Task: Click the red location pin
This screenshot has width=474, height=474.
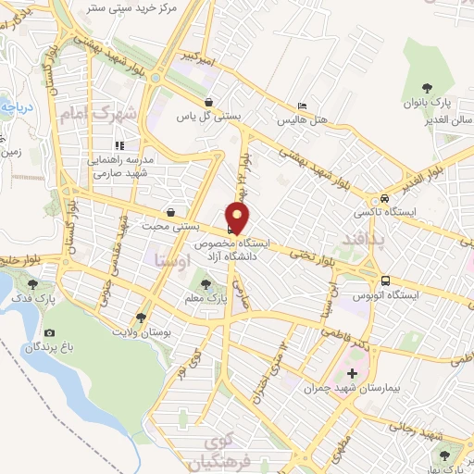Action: pos(239,216)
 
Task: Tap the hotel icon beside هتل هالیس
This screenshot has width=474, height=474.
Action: pos(301,106)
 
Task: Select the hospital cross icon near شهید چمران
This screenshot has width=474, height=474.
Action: pos(351,372)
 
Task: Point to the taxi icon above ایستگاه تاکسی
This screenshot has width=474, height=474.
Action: pos(383,200)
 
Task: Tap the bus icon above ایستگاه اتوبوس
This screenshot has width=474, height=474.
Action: pos(384,281)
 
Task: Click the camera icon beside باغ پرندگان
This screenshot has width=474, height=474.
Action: pos(49,332)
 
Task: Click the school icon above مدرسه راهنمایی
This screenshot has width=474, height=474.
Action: pos(119,145)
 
